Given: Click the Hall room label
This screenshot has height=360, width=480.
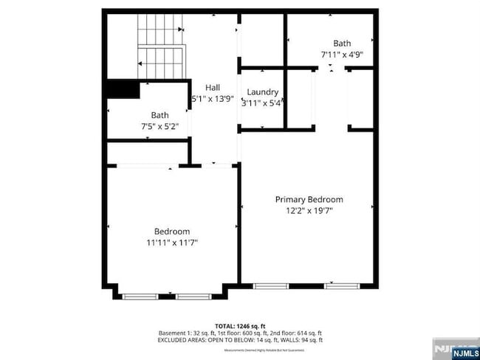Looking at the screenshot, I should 213,87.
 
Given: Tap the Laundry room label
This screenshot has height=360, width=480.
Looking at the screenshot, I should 263,92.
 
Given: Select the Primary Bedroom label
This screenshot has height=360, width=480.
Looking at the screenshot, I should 309,199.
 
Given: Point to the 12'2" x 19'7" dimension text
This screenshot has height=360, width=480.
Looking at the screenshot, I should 309,210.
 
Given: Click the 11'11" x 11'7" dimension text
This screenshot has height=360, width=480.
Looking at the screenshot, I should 172,242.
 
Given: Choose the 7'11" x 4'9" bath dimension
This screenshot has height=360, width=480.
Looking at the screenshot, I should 342,55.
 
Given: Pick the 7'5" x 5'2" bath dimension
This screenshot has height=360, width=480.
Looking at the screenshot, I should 160,126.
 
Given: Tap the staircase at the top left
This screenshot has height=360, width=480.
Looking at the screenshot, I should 160,48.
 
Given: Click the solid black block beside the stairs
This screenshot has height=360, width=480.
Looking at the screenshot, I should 123,89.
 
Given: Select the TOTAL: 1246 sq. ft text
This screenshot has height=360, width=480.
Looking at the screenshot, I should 240,325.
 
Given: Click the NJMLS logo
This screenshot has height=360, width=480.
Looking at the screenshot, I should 455,350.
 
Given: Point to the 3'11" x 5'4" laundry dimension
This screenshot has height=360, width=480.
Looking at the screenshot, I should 263,103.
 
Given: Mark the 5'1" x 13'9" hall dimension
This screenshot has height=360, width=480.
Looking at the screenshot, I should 213,98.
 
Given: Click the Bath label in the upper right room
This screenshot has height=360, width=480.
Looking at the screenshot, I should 342,44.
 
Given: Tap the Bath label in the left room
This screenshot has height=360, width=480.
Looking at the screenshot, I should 160,115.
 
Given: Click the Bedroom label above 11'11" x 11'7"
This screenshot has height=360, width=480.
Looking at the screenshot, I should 172,231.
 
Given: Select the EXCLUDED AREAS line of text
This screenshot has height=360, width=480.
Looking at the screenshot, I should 240,340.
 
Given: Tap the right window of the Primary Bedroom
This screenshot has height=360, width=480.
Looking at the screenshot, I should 342,285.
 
